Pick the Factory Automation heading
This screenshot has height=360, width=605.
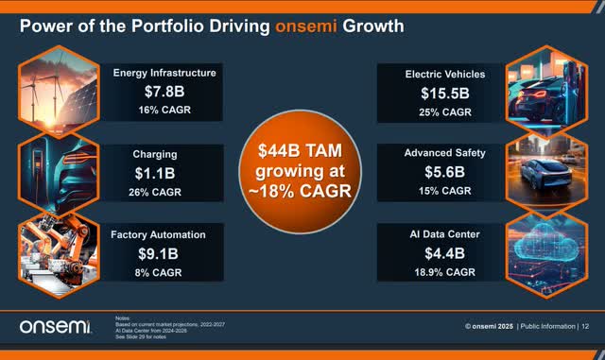point(165,233)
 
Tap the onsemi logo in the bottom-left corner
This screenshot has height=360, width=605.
point(54,326)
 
